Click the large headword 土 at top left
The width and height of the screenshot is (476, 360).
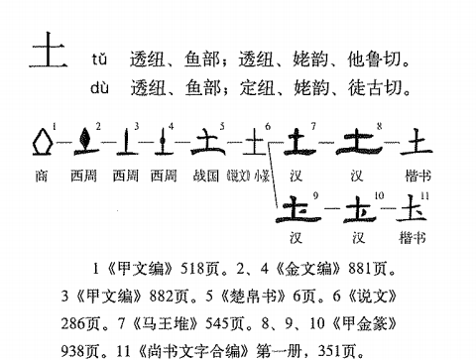49,50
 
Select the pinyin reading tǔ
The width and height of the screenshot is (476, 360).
99,60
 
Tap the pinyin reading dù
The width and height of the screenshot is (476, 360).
99,88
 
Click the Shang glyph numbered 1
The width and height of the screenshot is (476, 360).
43,142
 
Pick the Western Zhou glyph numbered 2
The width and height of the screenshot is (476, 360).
85,142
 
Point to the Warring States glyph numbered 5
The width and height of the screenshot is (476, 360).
208,142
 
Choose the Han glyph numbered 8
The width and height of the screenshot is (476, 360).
359,143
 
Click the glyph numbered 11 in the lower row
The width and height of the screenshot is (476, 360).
412,208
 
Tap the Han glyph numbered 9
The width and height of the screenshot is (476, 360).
298,209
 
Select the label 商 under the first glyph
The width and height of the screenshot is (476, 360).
42,176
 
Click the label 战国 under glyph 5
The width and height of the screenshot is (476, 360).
206,176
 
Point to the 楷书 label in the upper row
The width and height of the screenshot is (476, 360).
418,176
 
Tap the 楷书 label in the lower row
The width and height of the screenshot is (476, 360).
413,237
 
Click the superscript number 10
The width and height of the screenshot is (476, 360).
379,195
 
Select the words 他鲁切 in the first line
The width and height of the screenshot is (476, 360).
374,60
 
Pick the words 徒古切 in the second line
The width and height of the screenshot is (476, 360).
375,88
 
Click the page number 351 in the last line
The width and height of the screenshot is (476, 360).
329,350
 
